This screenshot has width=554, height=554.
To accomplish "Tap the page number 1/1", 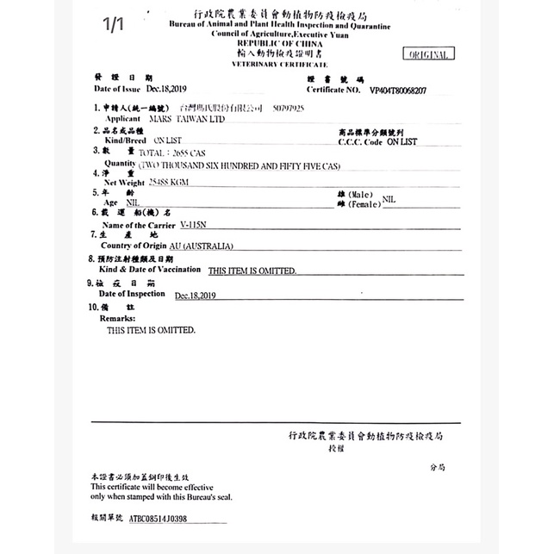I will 113,25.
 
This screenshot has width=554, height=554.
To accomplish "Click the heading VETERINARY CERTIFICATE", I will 280,65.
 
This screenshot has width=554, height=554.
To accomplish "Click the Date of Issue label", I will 116,89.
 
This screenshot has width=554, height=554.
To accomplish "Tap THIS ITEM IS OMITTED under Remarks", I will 152,330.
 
